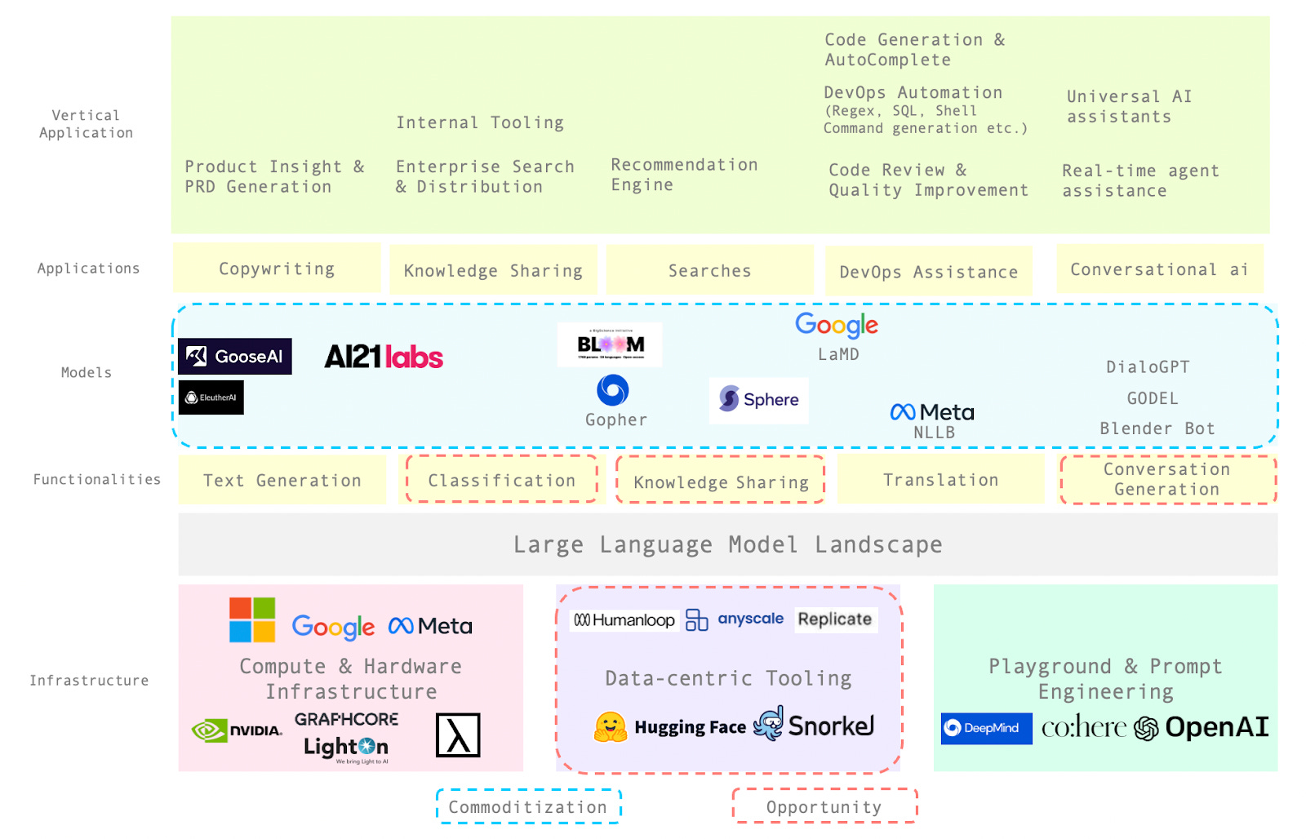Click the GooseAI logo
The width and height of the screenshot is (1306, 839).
point(235,357)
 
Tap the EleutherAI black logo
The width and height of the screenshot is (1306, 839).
point(211,397)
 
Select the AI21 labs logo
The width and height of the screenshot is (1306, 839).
point(384,357)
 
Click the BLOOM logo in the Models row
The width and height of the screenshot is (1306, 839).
point(610,344)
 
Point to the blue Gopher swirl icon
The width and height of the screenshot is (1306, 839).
point(612,390)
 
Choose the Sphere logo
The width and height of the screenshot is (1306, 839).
point(758,400)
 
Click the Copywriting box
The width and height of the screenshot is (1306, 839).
point(277,269)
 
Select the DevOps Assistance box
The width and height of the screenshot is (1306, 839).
point(929,272)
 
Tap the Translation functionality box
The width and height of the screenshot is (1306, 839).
point(940,480)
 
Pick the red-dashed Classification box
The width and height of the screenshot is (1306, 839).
point(501,480)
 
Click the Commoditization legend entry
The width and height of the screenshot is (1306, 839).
point(528,806)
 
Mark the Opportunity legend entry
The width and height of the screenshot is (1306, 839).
point(824,806)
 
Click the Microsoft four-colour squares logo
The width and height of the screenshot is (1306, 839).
point(252,619)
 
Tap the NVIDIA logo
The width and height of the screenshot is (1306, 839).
point(237,730)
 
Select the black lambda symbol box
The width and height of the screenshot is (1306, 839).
point(458,735)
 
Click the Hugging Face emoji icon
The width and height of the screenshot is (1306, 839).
point(610,726)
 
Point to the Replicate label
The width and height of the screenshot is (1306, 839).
point(834,619)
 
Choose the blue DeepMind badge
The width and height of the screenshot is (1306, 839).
point(985,728)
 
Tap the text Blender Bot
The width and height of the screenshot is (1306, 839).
point(1157,428)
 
